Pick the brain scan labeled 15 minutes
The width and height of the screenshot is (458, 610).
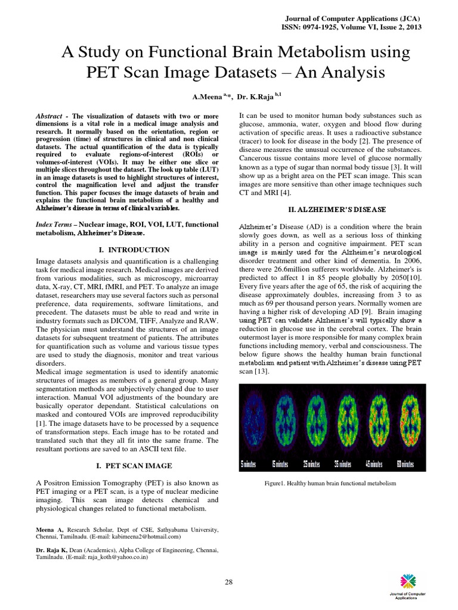click(x=284, y=424)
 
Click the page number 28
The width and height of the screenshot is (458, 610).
click(x=228, y=581)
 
